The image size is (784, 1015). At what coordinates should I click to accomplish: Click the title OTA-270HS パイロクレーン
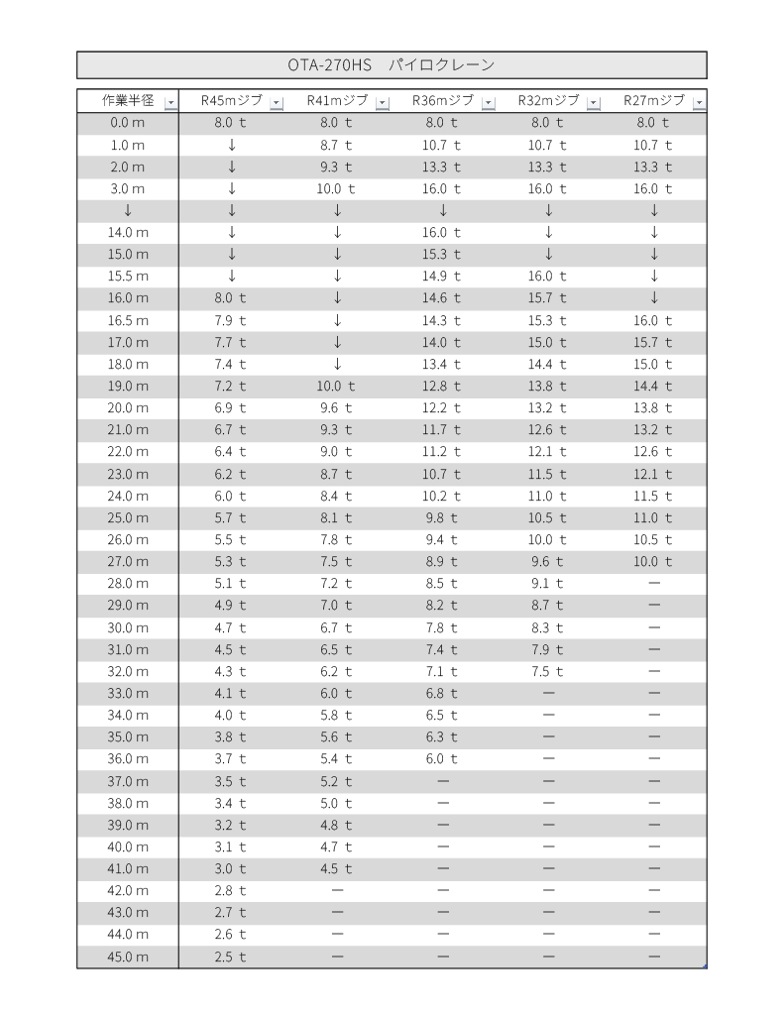[391, 64]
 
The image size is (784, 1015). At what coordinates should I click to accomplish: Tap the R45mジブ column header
[232, 101]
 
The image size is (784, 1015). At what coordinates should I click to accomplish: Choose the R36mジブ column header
[443, 101]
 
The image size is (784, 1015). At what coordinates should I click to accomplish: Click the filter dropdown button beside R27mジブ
[699, 102]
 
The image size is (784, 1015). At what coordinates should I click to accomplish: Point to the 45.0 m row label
[128, 957]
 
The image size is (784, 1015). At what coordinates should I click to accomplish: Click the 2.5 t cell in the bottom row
[231, 957]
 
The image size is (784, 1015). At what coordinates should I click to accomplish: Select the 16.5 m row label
[128, 320]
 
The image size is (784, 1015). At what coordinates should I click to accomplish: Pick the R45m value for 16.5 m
[231, 320]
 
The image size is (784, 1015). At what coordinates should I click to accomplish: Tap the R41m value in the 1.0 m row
[337, 145]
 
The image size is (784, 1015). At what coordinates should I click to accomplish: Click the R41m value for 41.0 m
[337, 868]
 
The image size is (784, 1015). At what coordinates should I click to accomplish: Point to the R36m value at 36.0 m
[443, 759]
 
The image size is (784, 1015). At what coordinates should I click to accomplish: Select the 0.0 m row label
[128, 123]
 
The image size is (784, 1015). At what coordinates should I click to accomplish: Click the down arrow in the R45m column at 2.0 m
[231, 167]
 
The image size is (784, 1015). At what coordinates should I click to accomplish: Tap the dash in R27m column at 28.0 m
[653, 584]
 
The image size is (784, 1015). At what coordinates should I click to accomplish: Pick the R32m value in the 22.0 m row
[548, 452]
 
